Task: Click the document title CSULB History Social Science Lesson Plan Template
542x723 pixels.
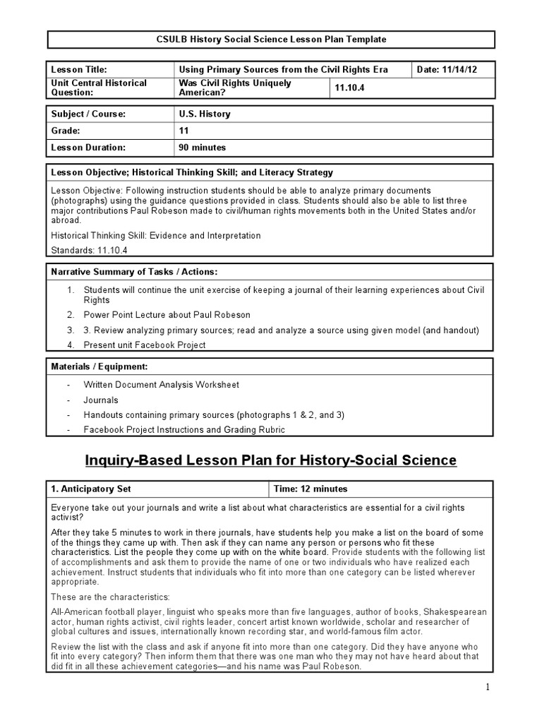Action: click(x=271, y=40)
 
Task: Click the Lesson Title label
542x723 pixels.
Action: click(x=78, y=69)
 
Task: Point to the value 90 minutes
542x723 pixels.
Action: click(x=203, y=148)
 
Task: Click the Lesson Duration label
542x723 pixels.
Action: click(x=88, y=148)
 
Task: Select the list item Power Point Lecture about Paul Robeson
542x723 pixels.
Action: click(x=167, y=315)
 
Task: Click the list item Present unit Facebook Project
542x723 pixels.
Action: click(x=145, y=345)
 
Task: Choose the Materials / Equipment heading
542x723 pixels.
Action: click(x=99, y=367)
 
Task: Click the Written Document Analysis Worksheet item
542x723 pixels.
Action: click(x=161, y=385)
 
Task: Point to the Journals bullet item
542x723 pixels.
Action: click(x=101, y=400)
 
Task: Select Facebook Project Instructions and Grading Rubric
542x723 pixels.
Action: click(x=184, y=429)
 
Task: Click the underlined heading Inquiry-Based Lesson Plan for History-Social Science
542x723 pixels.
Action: click(x=271, y=460)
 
